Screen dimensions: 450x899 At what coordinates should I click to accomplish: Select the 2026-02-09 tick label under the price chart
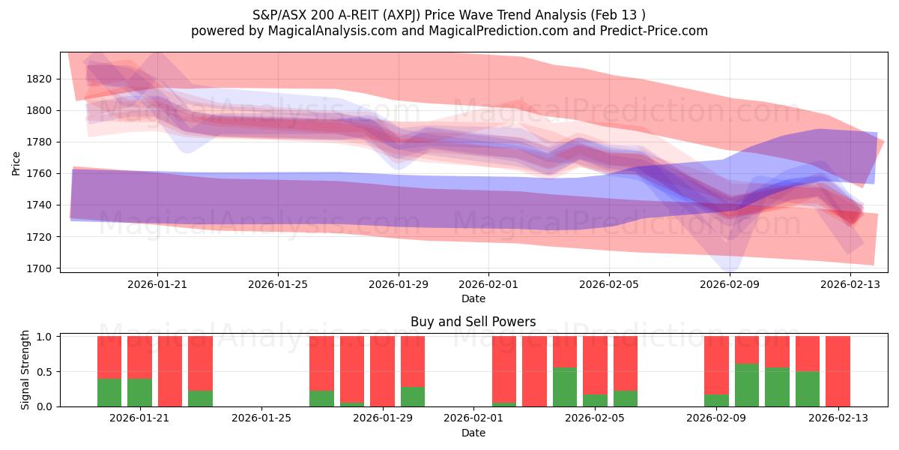click(730, 284)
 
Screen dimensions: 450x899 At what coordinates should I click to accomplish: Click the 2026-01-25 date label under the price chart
click(278, 284)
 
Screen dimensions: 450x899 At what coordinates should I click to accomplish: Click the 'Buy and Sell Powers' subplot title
click(473, 322)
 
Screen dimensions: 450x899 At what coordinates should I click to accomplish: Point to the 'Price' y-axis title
click(16, 163)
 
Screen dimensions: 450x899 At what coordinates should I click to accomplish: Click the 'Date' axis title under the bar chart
click(473, 433)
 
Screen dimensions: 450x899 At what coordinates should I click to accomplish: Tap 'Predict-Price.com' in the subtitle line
click(650, 31)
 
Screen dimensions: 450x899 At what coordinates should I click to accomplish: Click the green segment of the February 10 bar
click(747, 385)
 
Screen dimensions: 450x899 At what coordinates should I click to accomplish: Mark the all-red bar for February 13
click(838, 371)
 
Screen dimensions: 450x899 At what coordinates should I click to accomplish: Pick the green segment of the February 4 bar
click(565, 387)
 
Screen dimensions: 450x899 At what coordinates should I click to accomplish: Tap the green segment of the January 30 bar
click(413, 397)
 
